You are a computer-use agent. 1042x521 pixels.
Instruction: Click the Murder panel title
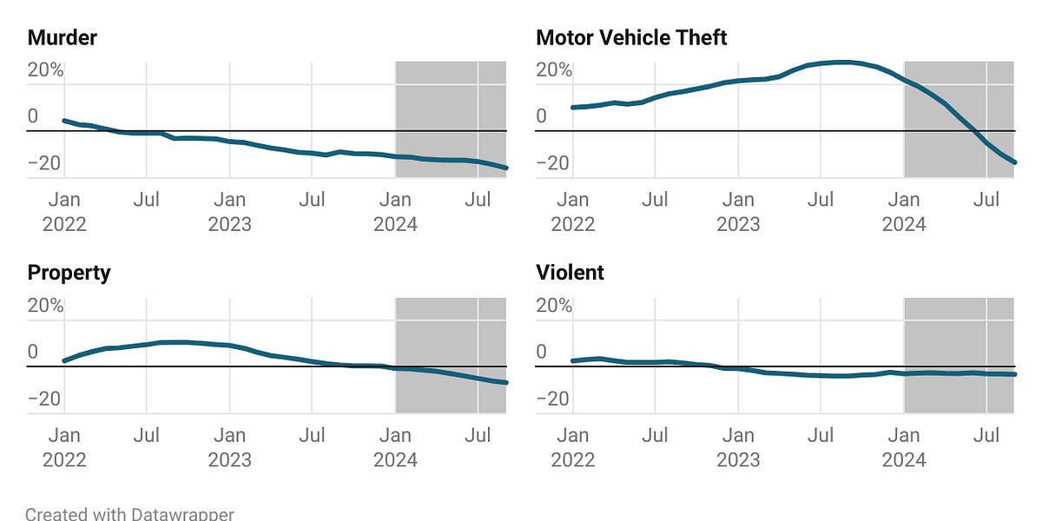pyautogui.click(x=62, y=37)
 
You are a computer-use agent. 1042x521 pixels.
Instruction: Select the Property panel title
pyautogui.click(x=69, y=273)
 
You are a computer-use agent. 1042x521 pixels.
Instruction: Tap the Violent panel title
pyautogui.click(x=570, y=273)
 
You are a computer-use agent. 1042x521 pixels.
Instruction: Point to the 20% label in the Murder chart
pyautogui.click(x=45, y=70)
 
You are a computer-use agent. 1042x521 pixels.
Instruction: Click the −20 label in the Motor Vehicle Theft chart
pyautogui.click(x=554, y=163)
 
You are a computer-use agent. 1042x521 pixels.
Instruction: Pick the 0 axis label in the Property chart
pyautogui.click(x=33, y=352)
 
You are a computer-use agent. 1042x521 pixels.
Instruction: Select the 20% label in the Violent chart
pyautogui.click(x=554, y=306)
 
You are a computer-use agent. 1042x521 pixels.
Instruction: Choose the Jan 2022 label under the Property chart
pyautogui.click(x=64, y=447)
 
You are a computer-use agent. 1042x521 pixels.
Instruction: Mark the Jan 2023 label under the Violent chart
pyautogui.click(x=738, y=447)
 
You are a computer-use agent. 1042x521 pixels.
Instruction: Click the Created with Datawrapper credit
pyautogui.click(x=129, y=514)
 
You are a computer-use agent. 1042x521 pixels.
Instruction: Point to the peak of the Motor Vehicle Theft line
pyautogui.click(x=841, y=62)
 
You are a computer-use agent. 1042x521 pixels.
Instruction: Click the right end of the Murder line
pyautogui.click(x=506, y=168)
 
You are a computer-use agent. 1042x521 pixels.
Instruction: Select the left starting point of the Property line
pyautogui.click(x=64, y=360)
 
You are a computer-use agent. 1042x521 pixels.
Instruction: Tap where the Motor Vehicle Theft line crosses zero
pyautogui.click(x=974, y=131)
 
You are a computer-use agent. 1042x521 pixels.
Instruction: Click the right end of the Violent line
pyautogui.click(x=1014, y=374)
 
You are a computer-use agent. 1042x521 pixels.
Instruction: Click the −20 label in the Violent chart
pyautogui.click(x=554, y=399)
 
